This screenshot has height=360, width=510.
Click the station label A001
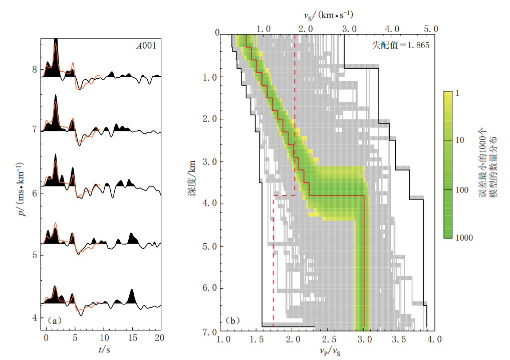tap(146, 46)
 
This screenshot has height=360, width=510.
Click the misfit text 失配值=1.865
tap(400, 45)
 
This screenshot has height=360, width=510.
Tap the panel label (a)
tap(55, 319)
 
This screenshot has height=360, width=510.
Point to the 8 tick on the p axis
tap(35, 69)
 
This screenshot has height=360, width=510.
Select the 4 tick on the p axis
tap(35, 317)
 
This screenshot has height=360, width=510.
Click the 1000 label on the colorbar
tap(464, 237)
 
